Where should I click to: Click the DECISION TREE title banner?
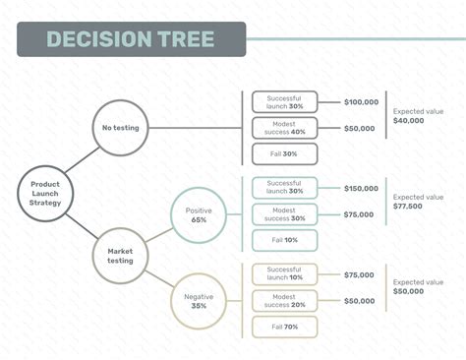tap(130, 39)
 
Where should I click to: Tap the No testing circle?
tap(121, 127)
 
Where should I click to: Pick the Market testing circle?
tap(121, 255)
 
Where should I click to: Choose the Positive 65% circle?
tap(199, 215)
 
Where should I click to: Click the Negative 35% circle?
tap(199, 299)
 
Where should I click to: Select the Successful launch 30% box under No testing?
tap(284, 101)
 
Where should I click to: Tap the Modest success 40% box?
tap(284, 127)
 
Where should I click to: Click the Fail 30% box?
tap(284, 153)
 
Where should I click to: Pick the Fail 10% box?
tap(284, 240)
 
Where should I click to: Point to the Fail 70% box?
tap(284, 327)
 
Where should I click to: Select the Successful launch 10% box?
tap(284, 274)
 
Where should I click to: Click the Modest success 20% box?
tap(284, 300)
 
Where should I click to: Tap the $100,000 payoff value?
tap(361, 101)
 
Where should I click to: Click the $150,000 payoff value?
tap(361, 188)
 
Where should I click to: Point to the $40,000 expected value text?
tap(408, 121)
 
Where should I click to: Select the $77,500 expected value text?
tap(408, 208)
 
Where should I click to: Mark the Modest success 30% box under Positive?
tap(284, 213)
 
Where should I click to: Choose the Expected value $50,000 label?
tap(418, 288)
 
